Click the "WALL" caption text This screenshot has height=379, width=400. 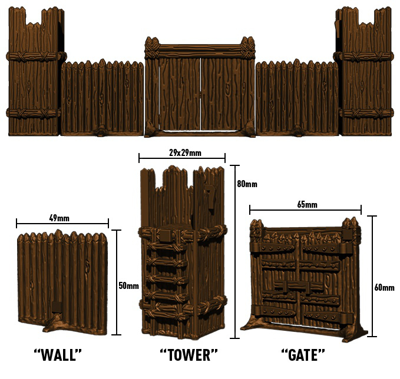click(58, 355)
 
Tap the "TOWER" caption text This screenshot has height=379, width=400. click(189, 355)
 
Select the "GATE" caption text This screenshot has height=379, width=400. click(303, 355)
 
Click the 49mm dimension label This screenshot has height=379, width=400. click(59, 218)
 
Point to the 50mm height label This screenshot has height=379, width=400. click(129, 286)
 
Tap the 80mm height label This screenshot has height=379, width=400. click(247, 184)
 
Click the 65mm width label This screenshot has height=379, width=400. click(308, 204)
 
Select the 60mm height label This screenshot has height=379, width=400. click(385, 288)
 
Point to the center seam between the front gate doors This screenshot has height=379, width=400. click(201, 94)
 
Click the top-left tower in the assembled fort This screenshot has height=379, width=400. click(35, 71)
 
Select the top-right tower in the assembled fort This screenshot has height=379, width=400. click(363, 71)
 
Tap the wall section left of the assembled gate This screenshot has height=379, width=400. click(103, 98)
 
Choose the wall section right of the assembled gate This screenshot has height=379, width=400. click(297, 98)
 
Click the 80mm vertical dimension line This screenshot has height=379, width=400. click(234, 252)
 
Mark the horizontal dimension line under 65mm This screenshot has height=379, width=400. click(305, 210)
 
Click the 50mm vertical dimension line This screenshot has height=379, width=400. click(116, 282)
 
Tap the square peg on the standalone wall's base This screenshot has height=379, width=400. click(57, 307)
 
